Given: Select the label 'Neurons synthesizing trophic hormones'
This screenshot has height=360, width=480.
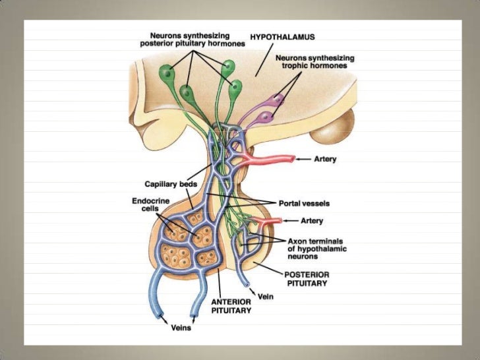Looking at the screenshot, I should click(x=315, y=63).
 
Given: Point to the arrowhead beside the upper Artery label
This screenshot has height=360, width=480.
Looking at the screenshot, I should click(x=300, y=159).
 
